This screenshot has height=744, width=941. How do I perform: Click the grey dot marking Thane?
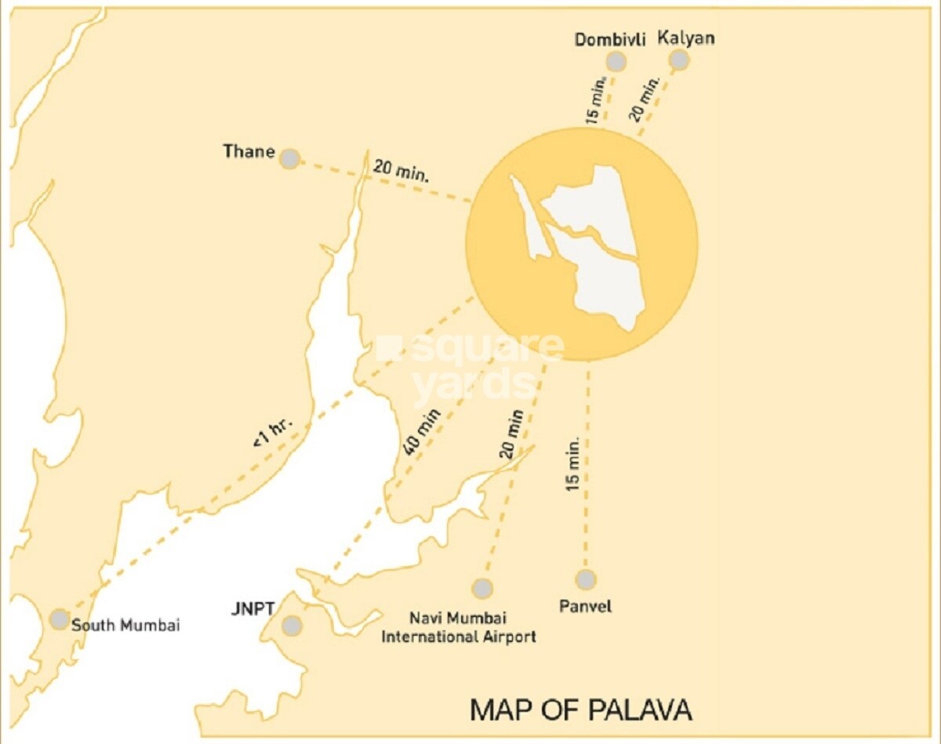(289, 158)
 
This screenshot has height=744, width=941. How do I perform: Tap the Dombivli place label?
(610, 40)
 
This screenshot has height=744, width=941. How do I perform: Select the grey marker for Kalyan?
(680, 60)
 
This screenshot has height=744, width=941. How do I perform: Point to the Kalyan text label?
(686, 38)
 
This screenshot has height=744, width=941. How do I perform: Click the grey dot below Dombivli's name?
(617, 61)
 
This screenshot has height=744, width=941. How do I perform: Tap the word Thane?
(249, 151)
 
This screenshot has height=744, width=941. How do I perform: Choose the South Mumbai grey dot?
(59, 619)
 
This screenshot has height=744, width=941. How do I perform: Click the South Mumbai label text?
(125, 626)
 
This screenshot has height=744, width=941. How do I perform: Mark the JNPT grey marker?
(292, 626)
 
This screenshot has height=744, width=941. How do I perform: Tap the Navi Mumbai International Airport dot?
(482, 588)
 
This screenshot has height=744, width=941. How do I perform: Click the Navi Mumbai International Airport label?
(459, 627)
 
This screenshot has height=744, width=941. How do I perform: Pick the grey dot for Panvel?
(585, 579)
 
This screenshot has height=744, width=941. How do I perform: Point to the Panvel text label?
(585, 606)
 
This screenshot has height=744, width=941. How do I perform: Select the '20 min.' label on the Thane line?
(401, 171)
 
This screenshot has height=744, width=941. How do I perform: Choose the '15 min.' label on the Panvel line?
(573, 464)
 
